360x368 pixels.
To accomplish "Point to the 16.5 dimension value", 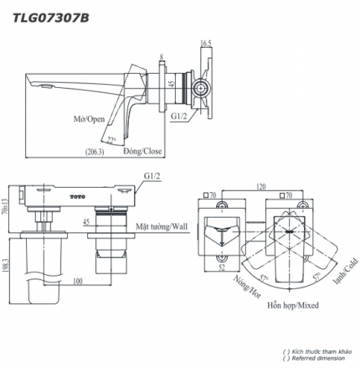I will coord(206,41).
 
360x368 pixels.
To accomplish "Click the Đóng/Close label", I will coord(141,151).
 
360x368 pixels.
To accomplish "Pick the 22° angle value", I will coord(111,137).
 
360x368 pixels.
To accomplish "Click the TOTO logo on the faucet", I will coord(77,198).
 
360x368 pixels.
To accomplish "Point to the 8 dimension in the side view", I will coord(161,59).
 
